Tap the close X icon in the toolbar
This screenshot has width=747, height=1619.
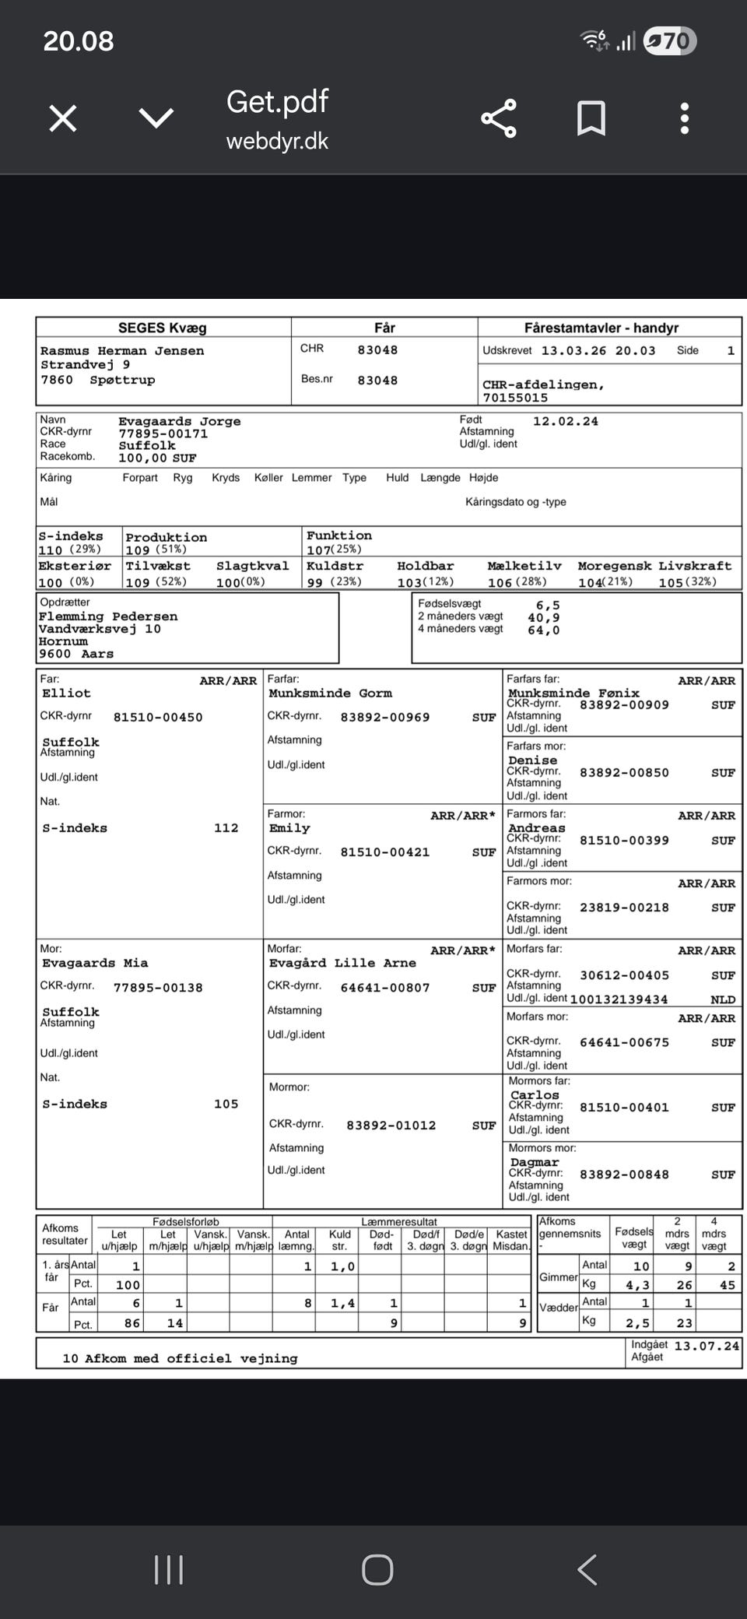(63, 119)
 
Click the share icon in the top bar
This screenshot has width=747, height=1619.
(499, 119)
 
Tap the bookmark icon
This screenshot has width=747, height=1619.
(591, 119)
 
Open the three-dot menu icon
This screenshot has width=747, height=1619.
(685, 119)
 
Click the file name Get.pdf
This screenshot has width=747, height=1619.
(277, 102)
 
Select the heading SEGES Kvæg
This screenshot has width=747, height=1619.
(163, 328)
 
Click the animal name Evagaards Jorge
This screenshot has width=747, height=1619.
(180, 421)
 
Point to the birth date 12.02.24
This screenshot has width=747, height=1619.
(566, 421)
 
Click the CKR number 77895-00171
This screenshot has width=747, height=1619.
(163, 434)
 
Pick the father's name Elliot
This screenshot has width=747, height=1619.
(66, 693)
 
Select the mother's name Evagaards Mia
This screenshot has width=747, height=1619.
(95, 963)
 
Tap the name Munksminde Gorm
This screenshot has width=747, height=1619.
(330, 693)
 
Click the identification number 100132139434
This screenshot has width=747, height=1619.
(619, 999)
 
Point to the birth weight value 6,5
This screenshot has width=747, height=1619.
(548, 605)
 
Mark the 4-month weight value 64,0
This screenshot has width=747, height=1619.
(543, 630)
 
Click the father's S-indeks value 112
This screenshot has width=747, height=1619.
(226, 828)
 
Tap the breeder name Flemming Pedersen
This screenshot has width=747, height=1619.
(108, 616)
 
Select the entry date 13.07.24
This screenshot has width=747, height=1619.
(707, 1346)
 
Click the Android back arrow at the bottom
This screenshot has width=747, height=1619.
(587, 1570)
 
